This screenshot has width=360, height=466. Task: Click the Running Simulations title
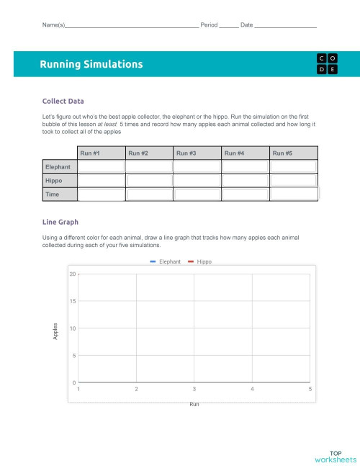point(91,64)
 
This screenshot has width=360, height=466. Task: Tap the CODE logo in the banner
point(326,63)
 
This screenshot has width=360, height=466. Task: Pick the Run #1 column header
point(90,153)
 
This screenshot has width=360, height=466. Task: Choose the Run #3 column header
point(186,153)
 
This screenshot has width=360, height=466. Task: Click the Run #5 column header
point(283,153)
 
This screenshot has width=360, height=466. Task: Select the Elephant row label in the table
point(58,167)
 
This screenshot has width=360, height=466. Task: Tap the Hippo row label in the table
point(54,181)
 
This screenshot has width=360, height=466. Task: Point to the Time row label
point(53,194)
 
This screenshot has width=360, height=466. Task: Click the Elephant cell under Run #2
point(148,167)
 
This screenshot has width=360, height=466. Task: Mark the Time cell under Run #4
point(245,194)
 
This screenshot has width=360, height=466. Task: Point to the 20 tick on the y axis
point(73,274)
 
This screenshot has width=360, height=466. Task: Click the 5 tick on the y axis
point(74,356)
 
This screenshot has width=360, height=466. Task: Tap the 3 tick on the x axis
point(194,389)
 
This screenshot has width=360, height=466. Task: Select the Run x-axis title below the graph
point(194,404)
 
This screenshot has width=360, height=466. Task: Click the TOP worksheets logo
point(335,456)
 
